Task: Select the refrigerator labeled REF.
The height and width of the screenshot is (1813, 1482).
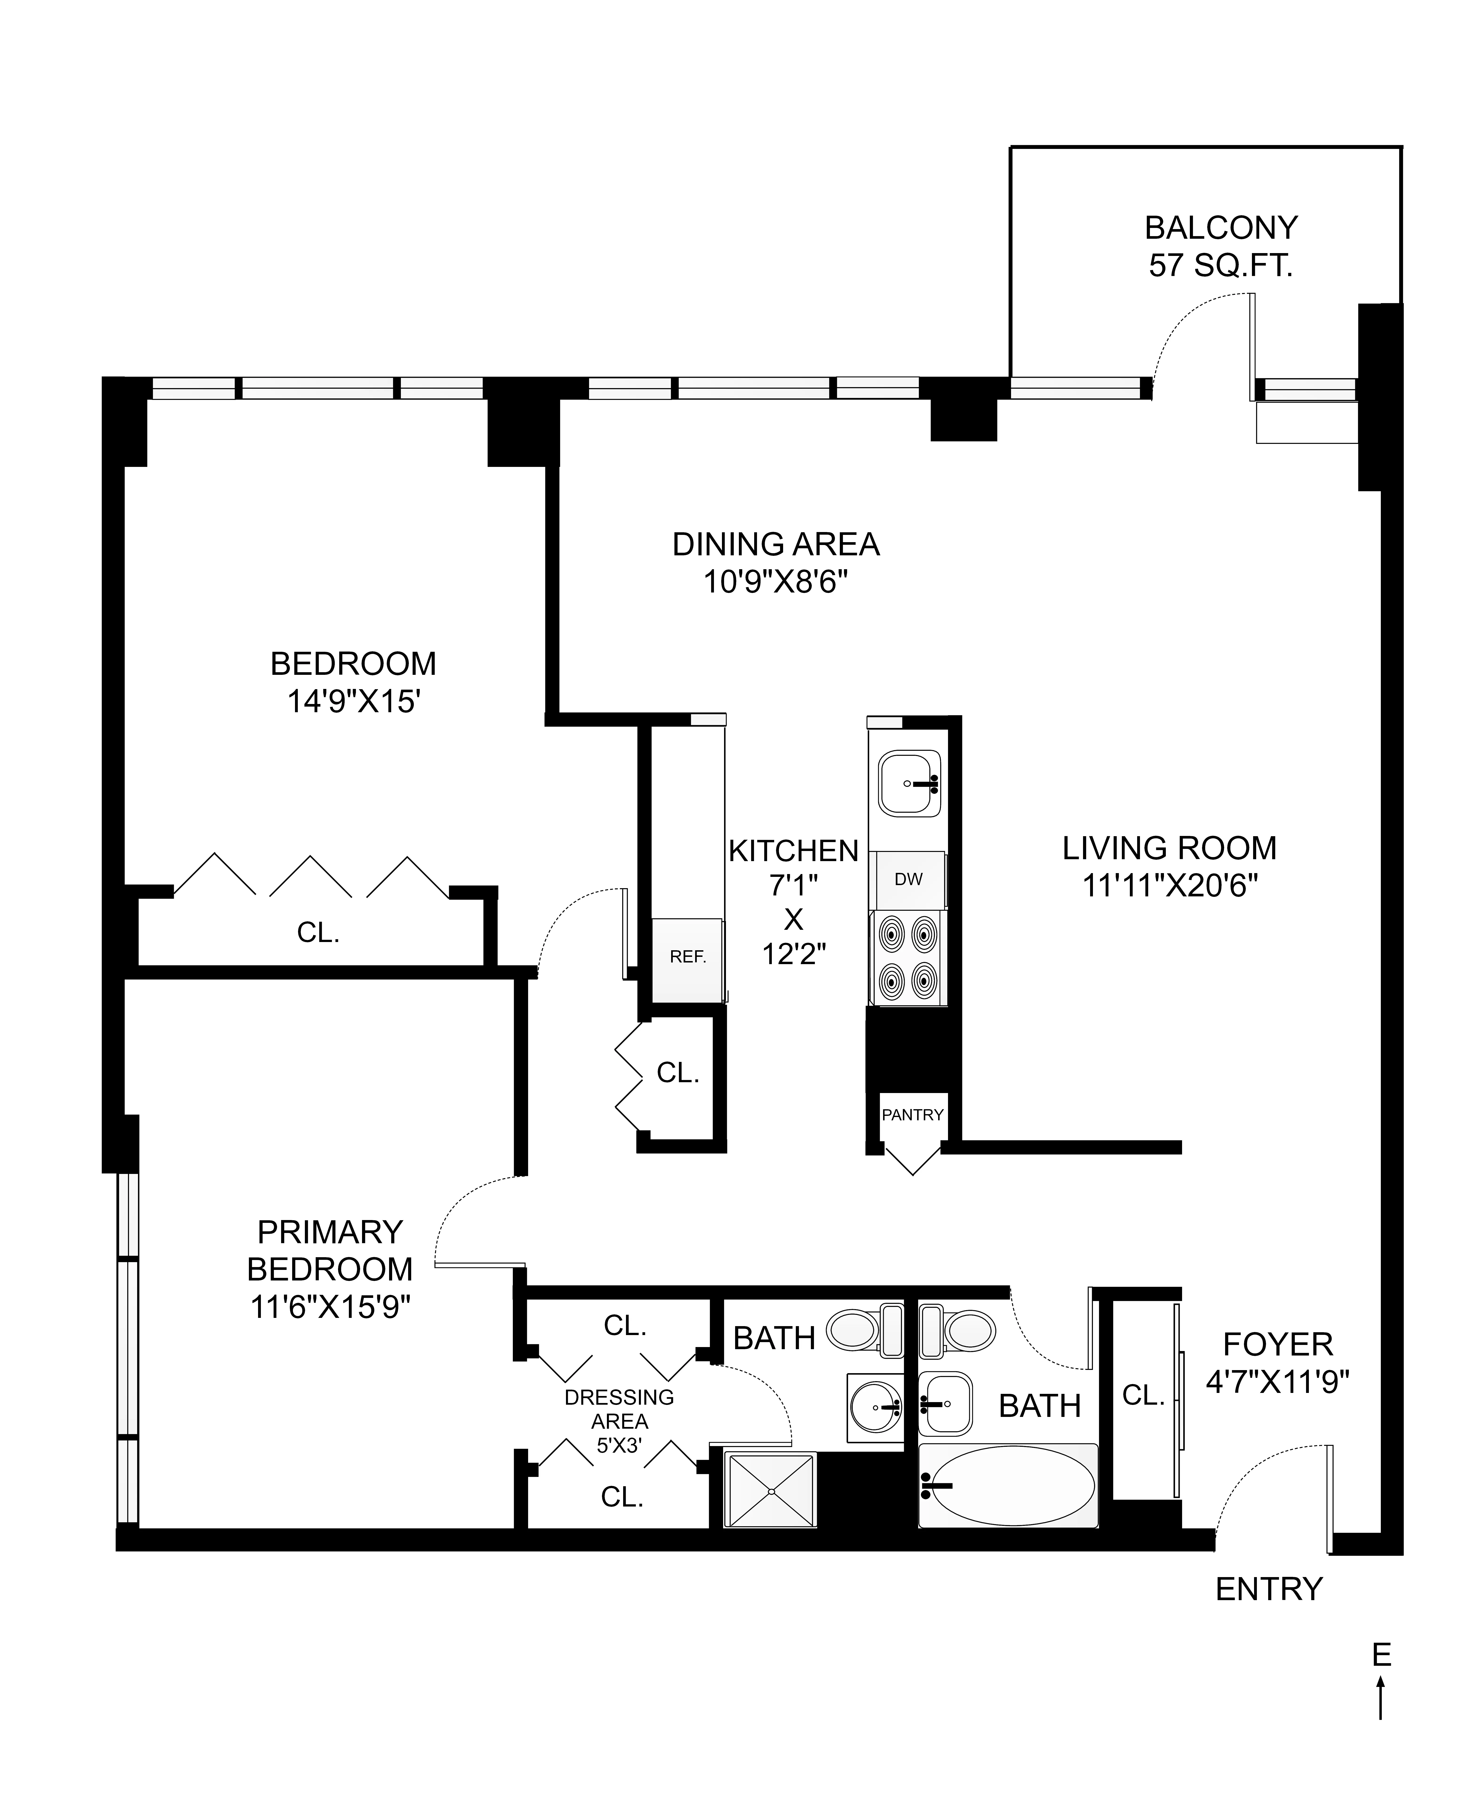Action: point(687,957)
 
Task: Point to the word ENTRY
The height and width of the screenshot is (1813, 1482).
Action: point(1269,1589)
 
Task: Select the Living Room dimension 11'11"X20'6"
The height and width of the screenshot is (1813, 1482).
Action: point(1170,886)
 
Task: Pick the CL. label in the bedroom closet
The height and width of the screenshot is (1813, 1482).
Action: point(319,933)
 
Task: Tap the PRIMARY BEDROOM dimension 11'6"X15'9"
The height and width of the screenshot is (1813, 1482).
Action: point(330,1307)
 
